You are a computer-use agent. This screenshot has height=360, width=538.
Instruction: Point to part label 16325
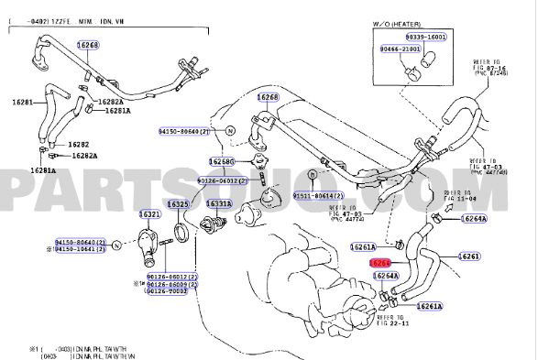179,203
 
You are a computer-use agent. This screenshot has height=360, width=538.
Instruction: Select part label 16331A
218,203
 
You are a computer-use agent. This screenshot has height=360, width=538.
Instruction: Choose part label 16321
149,214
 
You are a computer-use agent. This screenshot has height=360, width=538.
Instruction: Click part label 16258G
222,161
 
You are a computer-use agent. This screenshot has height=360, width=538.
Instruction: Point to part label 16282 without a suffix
79,145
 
